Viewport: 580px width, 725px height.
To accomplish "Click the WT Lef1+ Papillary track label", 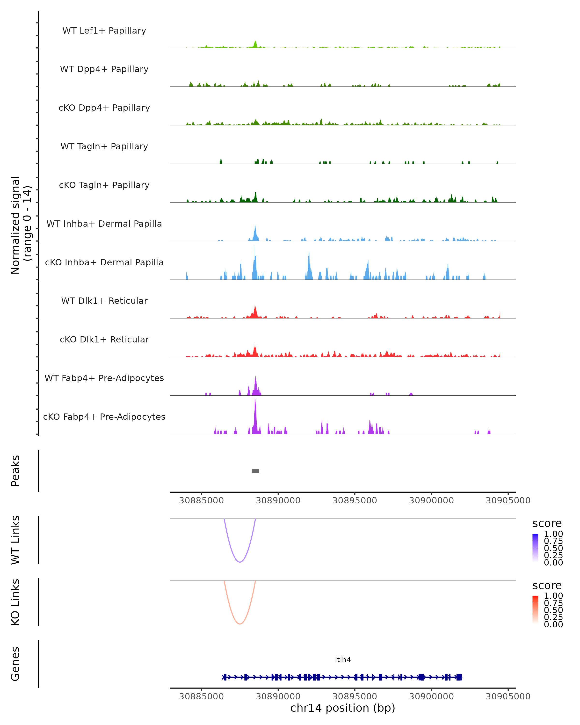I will tap(104, 31).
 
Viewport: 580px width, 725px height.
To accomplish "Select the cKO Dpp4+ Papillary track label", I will tap(104, 108).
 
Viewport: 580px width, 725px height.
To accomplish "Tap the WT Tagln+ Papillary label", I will tap(104, 146).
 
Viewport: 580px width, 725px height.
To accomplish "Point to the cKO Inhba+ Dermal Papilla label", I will tap(104, 262).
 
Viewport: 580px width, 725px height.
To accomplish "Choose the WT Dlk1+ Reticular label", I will tap(104, 301).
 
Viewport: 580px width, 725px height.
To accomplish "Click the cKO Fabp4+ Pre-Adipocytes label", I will tap(104, 417).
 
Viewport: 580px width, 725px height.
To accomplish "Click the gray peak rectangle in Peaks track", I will tap(255, 471).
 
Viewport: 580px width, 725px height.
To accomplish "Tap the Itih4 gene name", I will tap(343, 660).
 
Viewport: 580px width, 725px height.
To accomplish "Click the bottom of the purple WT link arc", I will tap(240, 562).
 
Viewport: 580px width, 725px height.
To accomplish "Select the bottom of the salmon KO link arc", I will tap(240, 624).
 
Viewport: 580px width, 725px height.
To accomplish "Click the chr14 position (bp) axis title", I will tap(343, 708).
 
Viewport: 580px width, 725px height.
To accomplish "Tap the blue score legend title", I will tap(547, 524).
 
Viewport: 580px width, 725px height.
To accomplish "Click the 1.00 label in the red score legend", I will tap(553, 596).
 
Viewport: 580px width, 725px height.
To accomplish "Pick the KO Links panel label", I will tap(15, 602).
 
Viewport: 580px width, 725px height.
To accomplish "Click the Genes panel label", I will tap(15, 664).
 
